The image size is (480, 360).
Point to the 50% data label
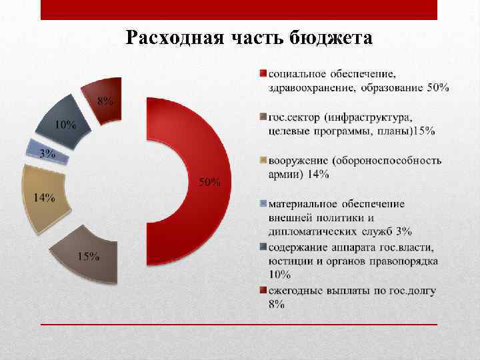tap(211, 183)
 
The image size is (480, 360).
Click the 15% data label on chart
tap(89, 258)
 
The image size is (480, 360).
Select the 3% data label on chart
tap(47, 154)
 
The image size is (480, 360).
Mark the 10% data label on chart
tap(65, 125)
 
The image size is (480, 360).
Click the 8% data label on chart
tap(105, 102)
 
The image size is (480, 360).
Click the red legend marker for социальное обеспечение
tap(263, 73)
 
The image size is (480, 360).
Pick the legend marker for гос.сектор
tap(263, 117)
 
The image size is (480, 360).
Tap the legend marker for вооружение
tap(263, 161)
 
